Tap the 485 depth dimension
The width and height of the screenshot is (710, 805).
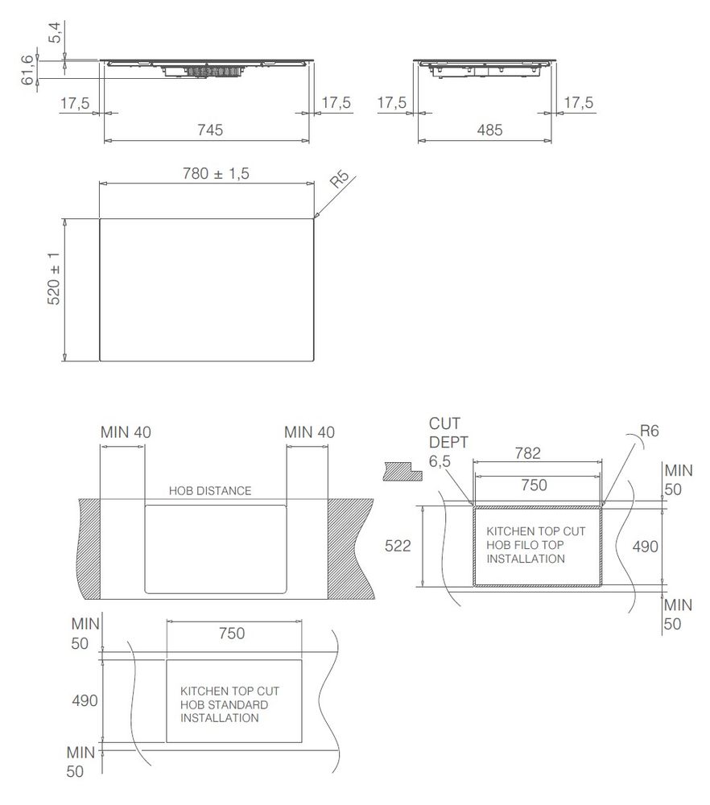pos(485,129)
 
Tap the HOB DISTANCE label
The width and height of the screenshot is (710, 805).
pos(210,490)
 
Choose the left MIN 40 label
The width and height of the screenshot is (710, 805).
pos(125,432)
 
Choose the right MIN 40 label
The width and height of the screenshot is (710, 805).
pos(309,432)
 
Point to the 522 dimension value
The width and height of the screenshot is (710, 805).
pos(398,547)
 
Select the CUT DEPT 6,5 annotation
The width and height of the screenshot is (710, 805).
pos(448,442)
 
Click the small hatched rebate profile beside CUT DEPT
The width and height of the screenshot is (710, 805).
pos(402,470)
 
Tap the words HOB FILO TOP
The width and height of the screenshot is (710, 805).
pos(525,546)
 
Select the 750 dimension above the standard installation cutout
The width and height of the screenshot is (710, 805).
pos(232,634)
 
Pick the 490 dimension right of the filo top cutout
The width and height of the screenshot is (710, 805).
pos(644,547)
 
